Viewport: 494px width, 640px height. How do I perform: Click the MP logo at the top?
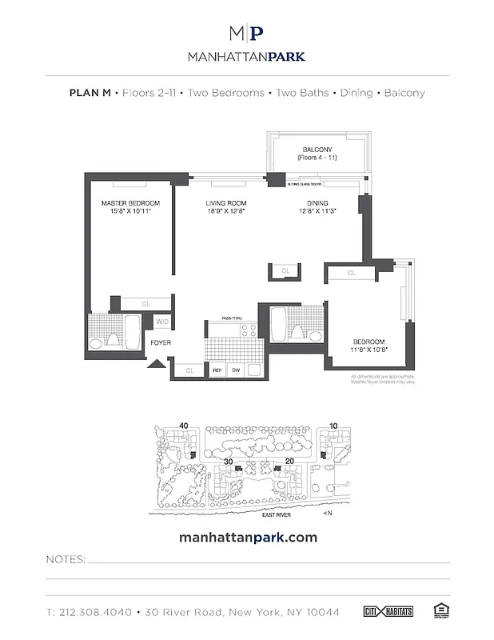(246, 34)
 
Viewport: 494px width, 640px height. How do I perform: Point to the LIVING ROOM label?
(225, 203)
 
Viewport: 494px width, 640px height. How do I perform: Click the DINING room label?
(317, 203)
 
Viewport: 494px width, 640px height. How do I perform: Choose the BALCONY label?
(317, 150)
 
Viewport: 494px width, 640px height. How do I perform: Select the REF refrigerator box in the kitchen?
(217, 370)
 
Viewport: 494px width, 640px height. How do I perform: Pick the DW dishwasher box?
(236, 370)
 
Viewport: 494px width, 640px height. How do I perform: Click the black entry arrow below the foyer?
(157, 366)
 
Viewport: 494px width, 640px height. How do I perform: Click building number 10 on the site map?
(333, 425)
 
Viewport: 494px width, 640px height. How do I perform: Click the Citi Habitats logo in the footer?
(392, 612)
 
